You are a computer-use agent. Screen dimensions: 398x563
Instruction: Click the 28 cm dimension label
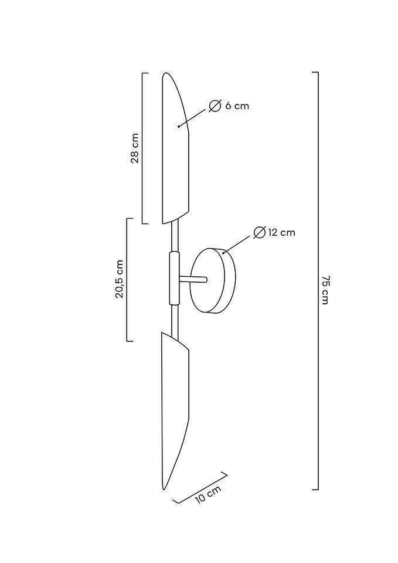(x=135, y=148)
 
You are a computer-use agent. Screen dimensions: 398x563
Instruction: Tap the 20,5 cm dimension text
(x=119, y=279)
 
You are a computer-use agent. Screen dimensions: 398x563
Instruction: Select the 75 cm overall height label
(x=325, y=290)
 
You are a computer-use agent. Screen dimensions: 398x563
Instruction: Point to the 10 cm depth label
(x=208, y=495)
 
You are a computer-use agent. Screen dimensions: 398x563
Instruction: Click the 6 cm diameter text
(x=237, y=106)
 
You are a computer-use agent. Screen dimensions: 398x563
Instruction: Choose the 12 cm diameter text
(x=281, y=232)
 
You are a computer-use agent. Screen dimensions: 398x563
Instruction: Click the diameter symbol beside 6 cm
(x=215, y=106)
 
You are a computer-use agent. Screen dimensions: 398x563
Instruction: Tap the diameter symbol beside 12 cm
(x=259, y=232)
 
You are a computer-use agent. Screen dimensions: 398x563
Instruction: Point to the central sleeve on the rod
(x=174, y=279)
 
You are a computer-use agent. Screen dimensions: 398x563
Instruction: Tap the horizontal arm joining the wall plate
(x=193, y=279)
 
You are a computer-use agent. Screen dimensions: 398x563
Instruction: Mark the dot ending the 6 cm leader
(x=179, y=127)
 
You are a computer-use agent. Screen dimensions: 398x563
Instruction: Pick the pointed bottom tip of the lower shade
(x=164, y=489)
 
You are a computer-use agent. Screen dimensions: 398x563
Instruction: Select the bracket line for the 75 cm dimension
(x=318, y=281)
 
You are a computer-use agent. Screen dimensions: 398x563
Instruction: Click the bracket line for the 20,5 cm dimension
(x=127, y=279)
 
